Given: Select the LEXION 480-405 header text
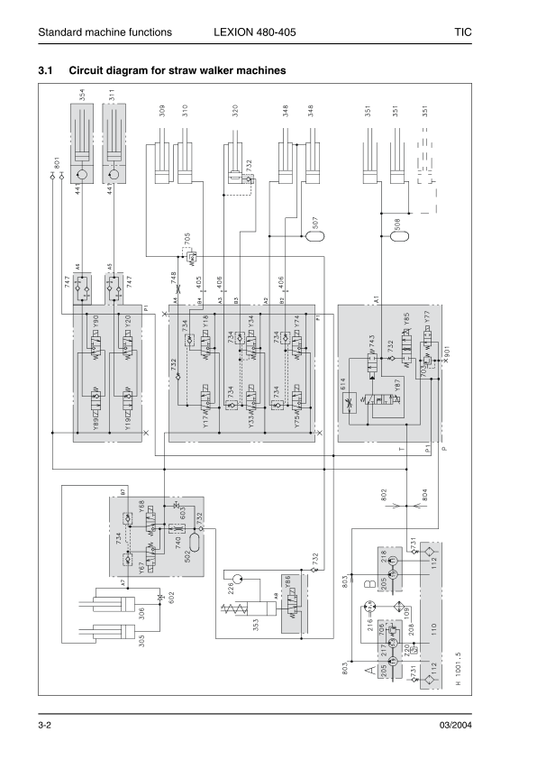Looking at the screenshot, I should coord(255,32).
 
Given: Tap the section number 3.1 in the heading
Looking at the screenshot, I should coord(46,69).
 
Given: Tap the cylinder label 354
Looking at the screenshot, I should coord(81,96).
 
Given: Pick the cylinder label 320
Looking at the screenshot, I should coord(235,113).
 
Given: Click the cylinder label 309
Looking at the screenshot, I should coord(161,113).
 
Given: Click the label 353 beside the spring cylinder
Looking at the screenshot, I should coord(258,623).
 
